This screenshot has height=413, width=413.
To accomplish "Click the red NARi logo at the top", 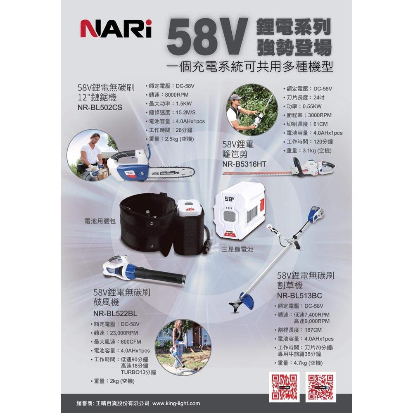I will pos(116,28).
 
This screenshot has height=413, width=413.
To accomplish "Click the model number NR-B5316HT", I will pos(244,164).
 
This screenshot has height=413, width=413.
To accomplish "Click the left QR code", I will pos(283,387).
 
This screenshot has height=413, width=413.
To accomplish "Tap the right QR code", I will pos(321,387).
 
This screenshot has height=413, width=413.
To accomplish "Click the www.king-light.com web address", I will pos(176,403).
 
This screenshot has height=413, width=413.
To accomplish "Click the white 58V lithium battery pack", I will pos(238,214).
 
